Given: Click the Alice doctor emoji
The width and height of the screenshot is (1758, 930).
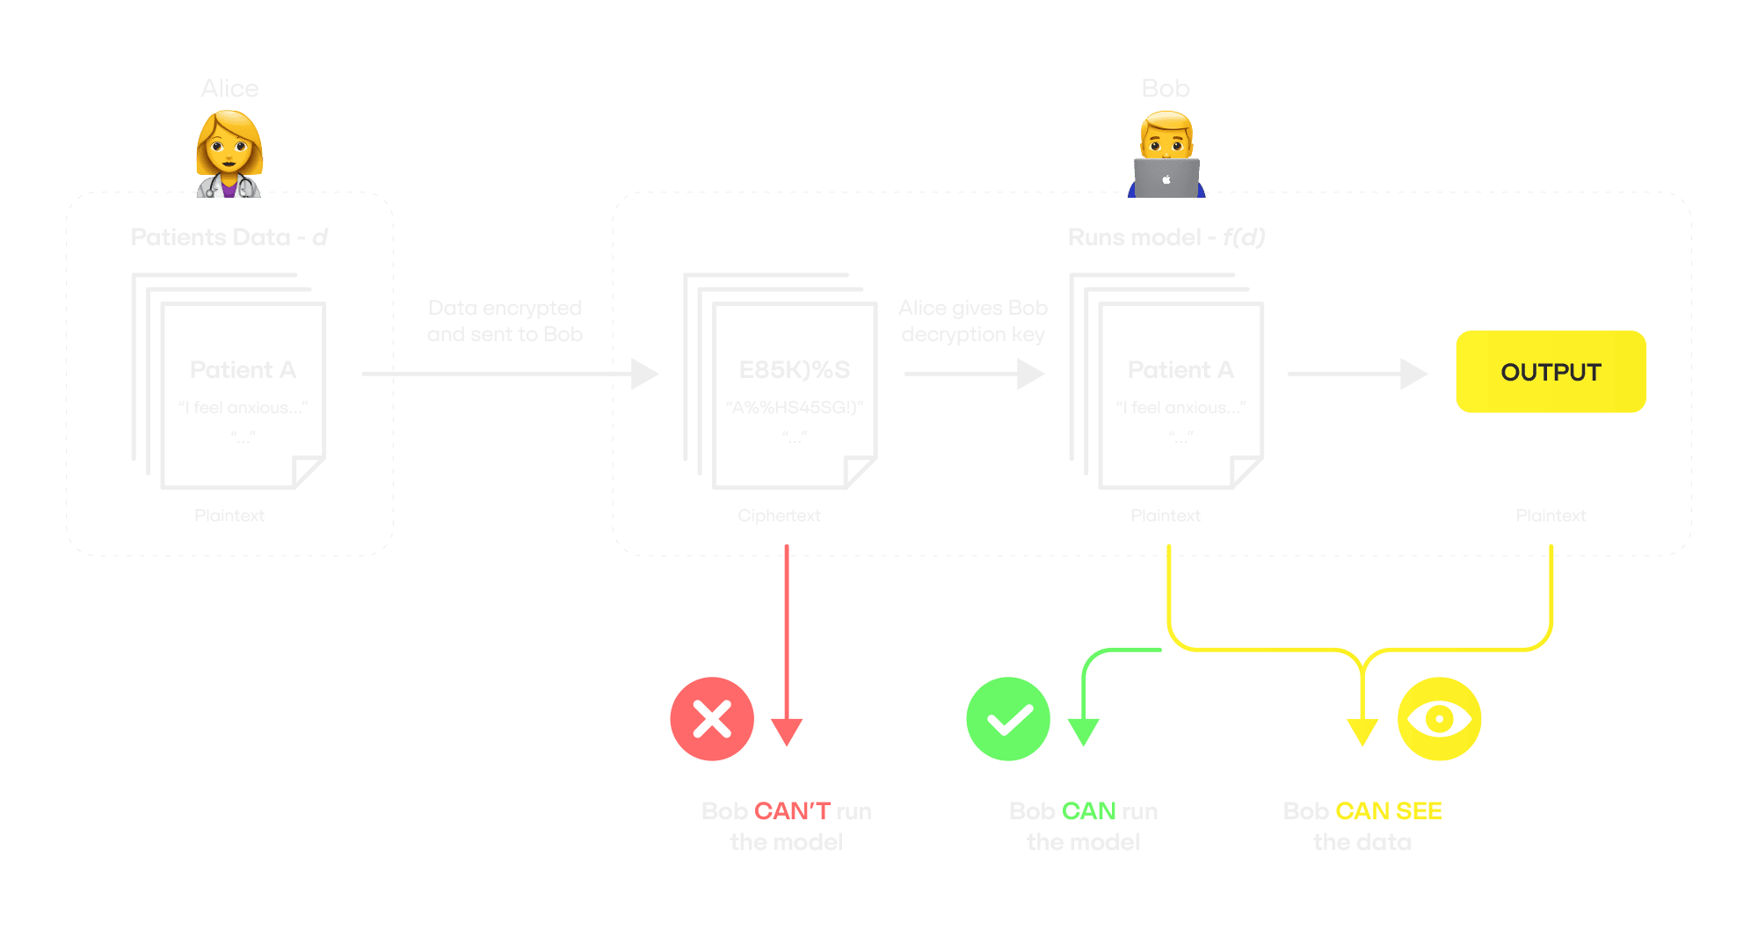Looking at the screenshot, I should click(229, 154).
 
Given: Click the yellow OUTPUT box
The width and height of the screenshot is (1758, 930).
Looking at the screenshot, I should click(1551, 372).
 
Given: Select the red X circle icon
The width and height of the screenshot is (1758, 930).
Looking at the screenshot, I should click(712, 719).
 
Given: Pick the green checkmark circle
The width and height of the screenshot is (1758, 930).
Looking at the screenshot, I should click(1008, 719).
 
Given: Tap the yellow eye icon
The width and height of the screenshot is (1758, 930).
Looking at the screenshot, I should click(1439, 719).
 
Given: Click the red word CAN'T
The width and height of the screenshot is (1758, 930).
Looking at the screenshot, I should click(792, 810).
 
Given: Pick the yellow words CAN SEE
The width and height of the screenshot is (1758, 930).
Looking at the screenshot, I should click(1388, 810).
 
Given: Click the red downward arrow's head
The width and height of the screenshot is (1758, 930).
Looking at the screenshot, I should click(787, 732).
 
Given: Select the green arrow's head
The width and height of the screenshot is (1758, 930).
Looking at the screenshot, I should click(1083, 732).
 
